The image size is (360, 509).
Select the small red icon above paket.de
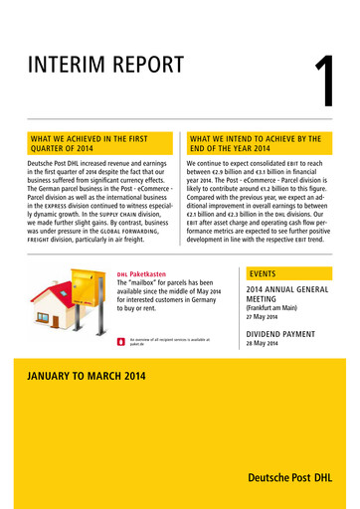pos(120,341)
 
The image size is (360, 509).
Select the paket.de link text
pos(135,344)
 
